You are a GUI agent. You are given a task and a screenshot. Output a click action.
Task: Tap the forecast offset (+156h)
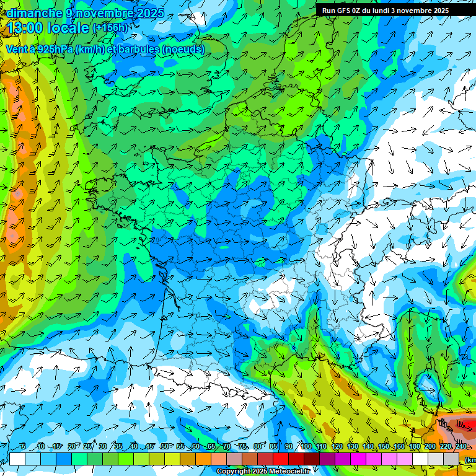pyautogui.click(x=110, y=28)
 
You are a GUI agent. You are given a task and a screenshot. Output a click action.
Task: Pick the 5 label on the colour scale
pyautogui.click(x=23, y=447)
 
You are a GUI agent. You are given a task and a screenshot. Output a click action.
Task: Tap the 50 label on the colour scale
pyautogui.click(x=164, y=447)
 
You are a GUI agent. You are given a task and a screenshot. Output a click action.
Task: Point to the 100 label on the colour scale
pyautogui.click(x=306, y=447)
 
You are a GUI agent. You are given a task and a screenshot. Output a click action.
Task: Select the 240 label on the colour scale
pyautogui.click(x=461, y=447)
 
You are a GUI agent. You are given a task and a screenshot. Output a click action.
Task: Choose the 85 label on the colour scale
pyautogui.click(x=273, y=447)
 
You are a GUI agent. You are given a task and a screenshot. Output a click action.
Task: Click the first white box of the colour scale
pyautogui.click(x=17, y=459)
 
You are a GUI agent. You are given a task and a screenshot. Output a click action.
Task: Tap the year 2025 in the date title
pyautogui.click(x=148, y=13)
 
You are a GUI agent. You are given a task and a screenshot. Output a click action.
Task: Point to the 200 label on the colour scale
pyautogui.click(x=430, y=447)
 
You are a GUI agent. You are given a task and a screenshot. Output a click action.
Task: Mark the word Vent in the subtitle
pyautogui.click(x=17, y=50)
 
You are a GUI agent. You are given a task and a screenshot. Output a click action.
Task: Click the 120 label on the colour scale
pyautogui.click(x=337, y=447)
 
